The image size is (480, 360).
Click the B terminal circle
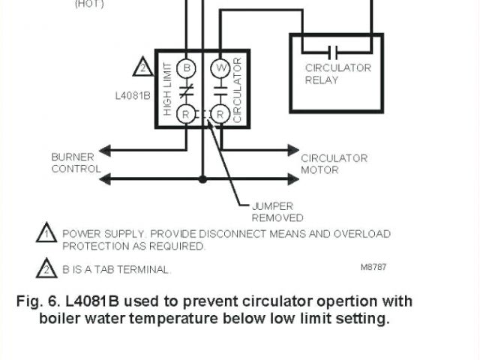point(187,67)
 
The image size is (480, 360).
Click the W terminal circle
point(220,67)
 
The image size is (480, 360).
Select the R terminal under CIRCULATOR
point(220,114)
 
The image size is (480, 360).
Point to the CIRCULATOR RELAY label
point(337,73)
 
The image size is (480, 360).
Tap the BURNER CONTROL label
point(76,163)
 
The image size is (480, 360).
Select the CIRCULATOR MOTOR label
point(334,163)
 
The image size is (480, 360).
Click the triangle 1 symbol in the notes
point(46,234)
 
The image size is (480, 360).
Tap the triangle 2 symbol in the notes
point(46,268)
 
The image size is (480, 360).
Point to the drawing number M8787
point(373,267)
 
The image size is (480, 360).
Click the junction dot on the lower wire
point(202,179)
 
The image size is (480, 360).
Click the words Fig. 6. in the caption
point(37,301)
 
